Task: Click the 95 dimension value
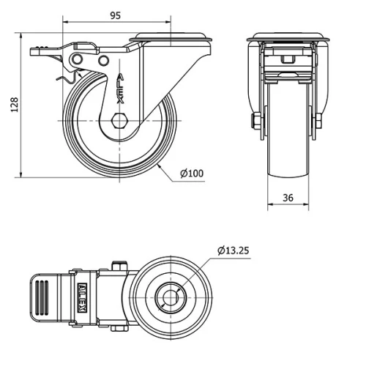[116, 15]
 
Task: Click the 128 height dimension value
[15, 105]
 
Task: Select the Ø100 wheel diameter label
[192, 174]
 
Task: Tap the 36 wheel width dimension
[288, 198]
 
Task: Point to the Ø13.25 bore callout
[234, 250]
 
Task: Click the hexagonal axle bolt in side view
[119, 121]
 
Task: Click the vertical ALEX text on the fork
[120, 89]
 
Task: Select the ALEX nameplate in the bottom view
[83, 297]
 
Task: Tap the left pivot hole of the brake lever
[78, 59]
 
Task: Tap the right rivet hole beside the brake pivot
[103, 60]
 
